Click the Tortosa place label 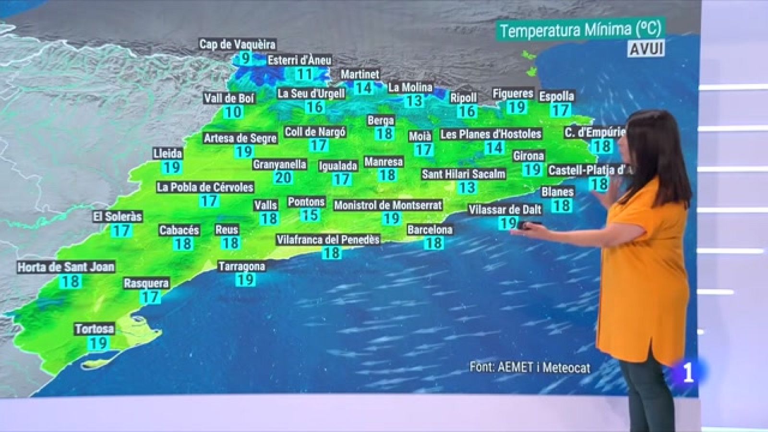click(95, 329)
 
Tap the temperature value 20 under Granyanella click(283, 178)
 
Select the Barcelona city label click(430, 229)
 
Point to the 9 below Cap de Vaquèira click(245, 59)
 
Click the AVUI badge click(646, 48)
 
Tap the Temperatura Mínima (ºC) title click(580, 30)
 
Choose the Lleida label click(168, 154)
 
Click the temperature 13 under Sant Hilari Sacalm click(467, 187)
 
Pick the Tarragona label click(241, 266)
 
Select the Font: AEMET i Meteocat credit click(530, 367)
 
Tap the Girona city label click(528, 156)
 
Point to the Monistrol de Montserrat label click(388, 205)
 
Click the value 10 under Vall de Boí click(233, 112)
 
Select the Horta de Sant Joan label click(66, 267)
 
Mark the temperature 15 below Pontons click(310, 215)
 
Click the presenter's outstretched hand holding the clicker click(526, 227)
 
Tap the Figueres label click(513, 94)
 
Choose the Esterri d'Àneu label click(300, 60)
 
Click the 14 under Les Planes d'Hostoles click(493, 148)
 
